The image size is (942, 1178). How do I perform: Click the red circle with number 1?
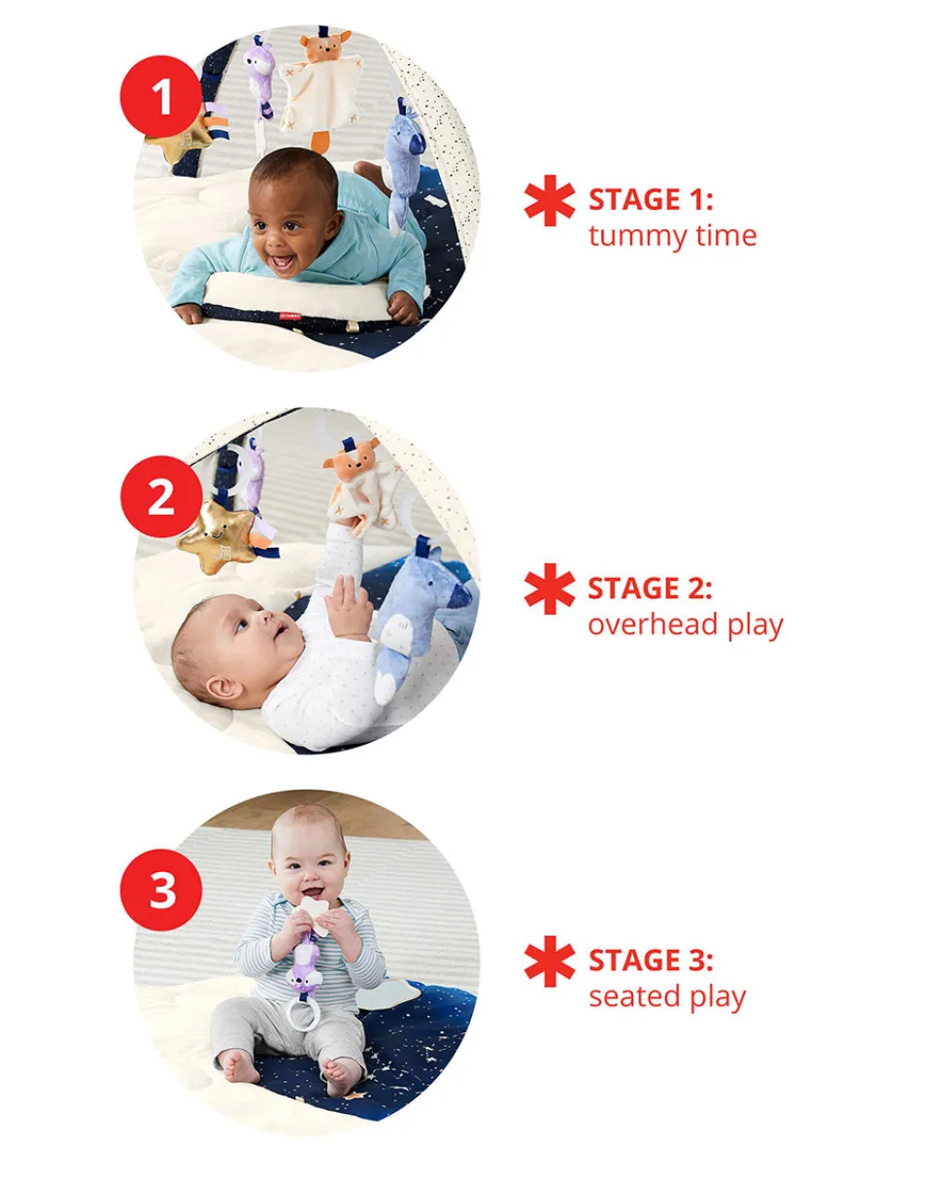pyautogui.click(x=161, y=96)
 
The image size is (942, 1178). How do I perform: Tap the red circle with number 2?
pyautogui.click(x=161, y=496)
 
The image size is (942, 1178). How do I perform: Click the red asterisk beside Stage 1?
pyautogui.click(x=550, y=200)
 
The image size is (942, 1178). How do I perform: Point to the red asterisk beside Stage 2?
pyautogui.click(x=550, y=589)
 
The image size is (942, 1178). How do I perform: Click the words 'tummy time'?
pyautogui.click(x=673, y=237)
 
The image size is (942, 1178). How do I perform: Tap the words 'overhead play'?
pyautogui.click(x=686, y=625)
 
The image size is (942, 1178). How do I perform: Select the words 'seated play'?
pyautogui.click(x=667, y=998)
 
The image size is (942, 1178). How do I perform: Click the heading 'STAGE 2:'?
pyautogui.click(x=651, y=588)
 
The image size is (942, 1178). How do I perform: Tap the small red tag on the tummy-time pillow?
pyautogui.click(x=289, y=316)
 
